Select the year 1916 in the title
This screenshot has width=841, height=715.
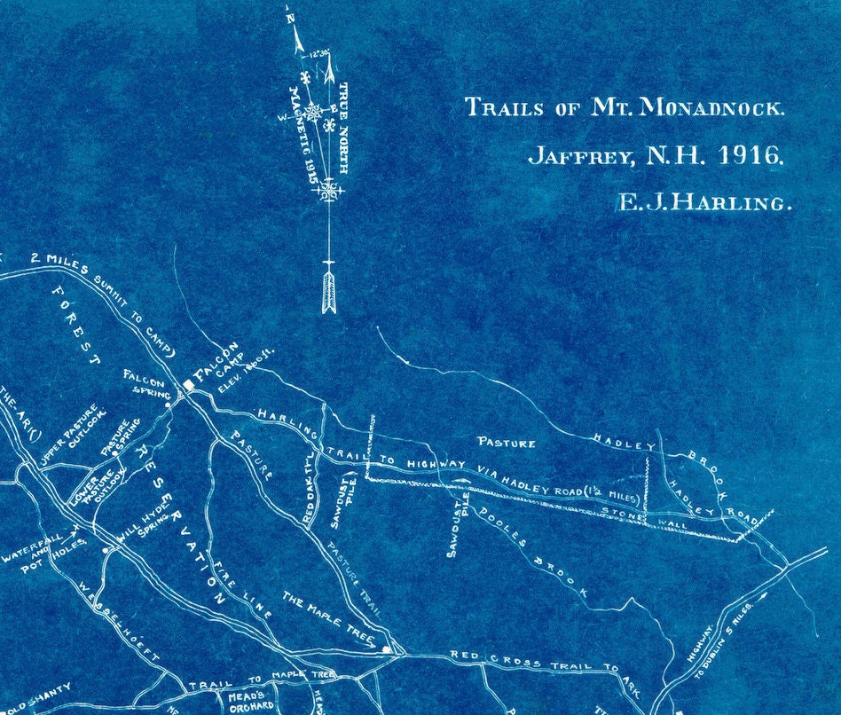(750, 156)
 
